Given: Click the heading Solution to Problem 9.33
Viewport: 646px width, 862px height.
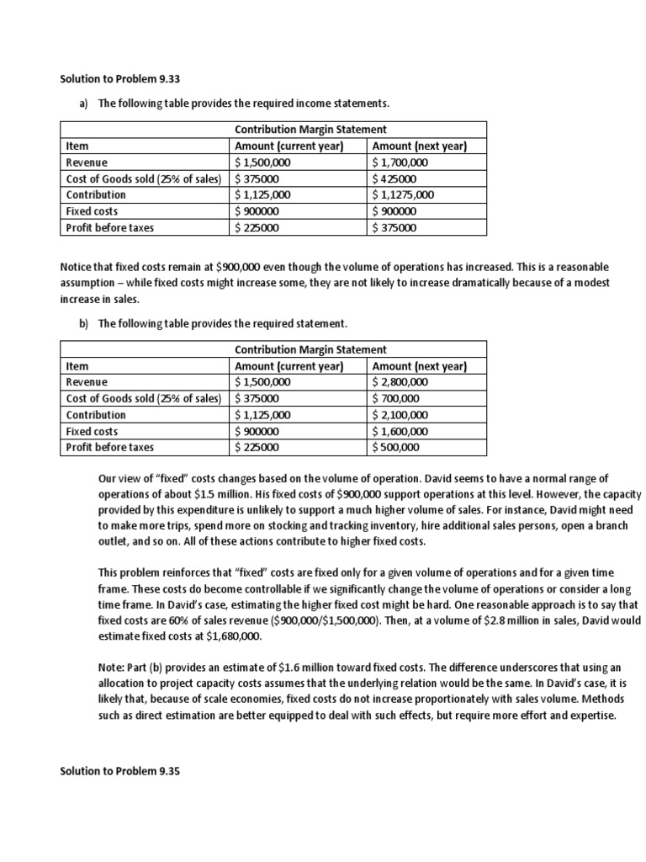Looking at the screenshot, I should pos(120,79).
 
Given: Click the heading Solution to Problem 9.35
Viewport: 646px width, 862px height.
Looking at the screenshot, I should pos(120,770).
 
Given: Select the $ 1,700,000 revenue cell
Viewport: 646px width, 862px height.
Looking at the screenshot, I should pos(400,162).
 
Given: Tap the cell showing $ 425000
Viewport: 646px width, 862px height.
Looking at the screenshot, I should pos(394,179).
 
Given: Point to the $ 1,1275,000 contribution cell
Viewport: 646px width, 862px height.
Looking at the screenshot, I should pos(404,195).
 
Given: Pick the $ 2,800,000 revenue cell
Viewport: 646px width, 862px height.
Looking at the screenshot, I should pos(400,382).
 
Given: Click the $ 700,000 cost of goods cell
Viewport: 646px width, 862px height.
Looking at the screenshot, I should pos(395,398).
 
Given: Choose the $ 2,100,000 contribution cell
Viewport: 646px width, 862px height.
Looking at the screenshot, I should pos(400,415).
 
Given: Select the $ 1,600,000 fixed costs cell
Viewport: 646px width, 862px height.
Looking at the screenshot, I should pos(400,431).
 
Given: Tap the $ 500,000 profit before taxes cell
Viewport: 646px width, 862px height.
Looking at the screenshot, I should pos(395,448).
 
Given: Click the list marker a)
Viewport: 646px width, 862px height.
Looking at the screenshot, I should pos(86,104).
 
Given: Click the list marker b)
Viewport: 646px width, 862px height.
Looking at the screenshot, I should pos(86,323).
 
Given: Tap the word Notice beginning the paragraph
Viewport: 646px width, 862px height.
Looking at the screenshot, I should pos(77,266).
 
